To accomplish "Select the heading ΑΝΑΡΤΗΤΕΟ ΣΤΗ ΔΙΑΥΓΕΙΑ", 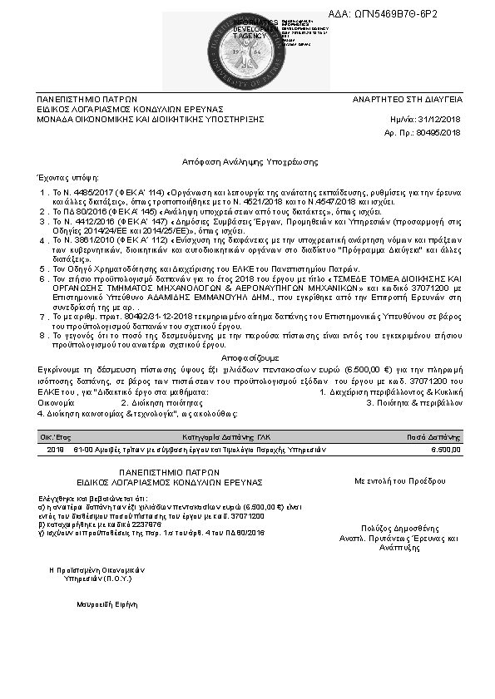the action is coord(408,99).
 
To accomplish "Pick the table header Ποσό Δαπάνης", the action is coord(433,436).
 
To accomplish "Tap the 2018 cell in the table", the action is coord(56,449).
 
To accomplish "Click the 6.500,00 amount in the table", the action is coord(445,449).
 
